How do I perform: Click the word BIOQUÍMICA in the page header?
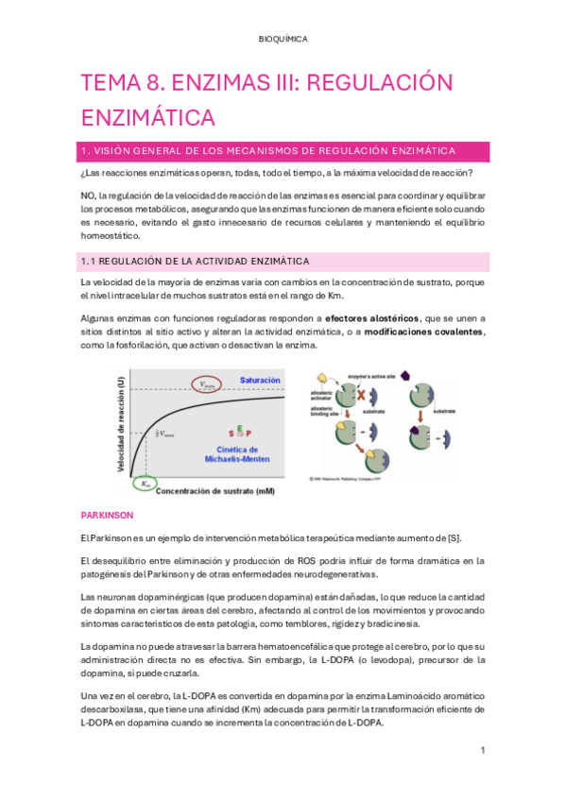tap(283, 39)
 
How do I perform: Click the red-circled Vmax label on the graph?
tap(208, 384)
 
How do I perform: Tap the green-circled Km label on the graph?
tap(144, 484)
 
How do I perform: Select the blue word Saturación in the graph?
tap(260, 380)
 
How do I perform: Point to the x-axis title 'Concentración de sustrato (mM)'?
tap(214, 491)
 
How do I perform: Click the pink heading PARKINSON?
tap(107, 516)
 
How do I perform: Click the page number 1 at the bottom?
tap(482, 751)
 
